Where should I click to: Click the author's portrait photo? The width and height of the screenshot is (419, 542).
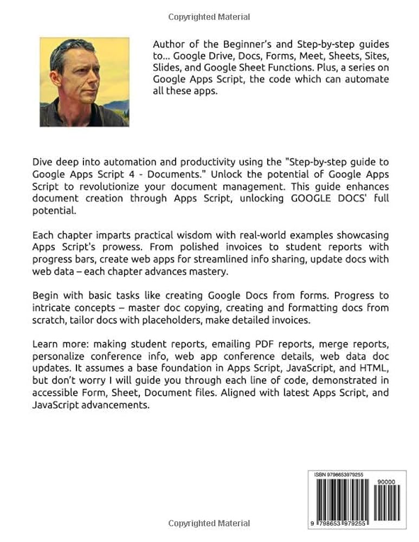tap(84, 82)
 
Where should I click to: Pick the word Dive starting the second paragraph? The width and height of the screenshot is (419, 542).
tap(43, 162)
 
